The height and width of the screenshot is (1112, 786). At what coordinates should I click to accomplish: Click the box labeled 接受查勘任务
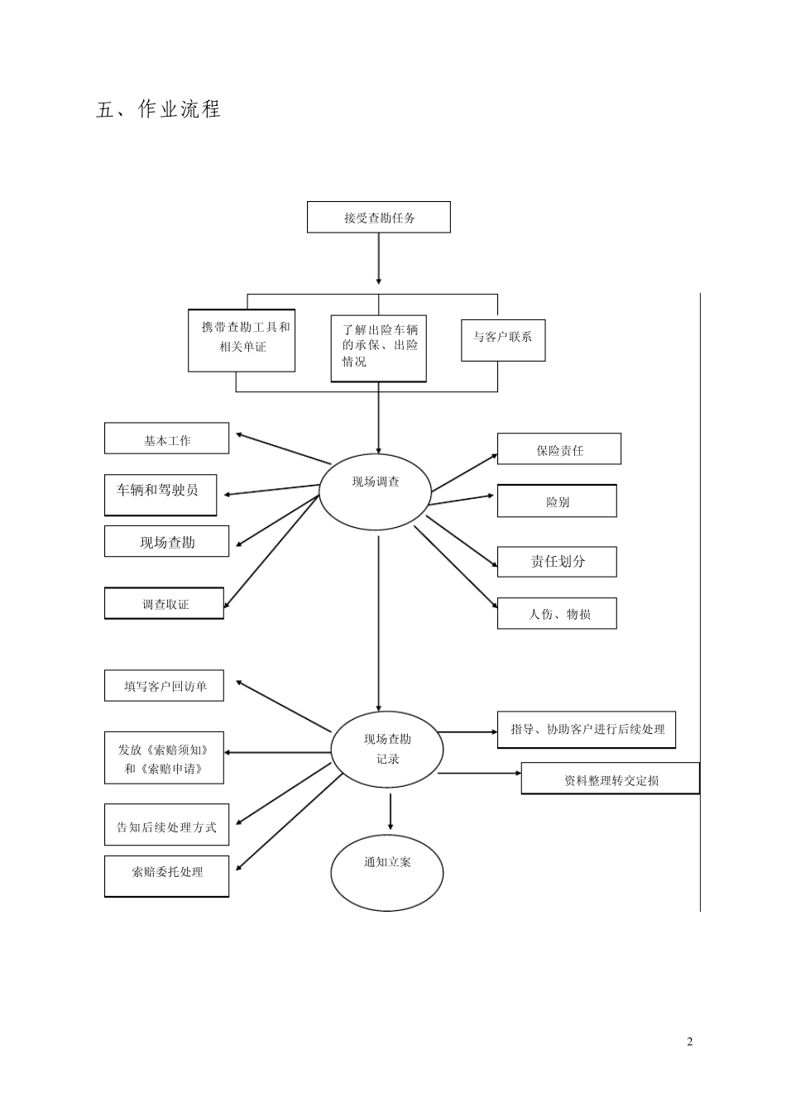[379, 218]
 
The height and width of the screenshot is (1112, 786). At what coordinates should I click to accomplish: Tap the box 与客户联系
[503, 338]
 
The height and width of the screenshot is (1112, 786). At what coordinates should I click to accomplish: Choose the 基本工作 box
[166, 439]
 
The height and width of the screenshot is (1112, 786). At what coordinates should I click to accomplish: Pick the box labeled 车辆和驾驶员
[161, 495]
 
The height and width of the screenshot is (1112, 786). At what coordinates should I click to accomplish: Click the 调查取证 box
[164, 603]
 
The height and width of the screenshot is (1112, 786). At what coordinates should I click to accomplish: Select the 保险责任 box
[558, 449]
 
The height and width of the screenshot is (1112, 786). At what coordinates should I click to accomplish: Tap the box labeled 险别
[557, 501]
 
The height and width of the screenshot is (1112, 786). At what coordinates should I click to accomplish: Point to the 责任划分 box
[557, 562]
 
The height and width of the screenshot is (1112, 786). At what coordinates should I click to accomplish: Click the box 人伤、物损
[557, 613]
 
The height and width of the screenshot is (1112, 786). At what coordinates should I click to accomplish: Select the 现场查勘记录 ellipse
[387, 750]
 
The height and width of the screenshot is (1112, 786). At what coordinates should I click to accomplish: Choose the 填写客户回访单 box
[164, 686]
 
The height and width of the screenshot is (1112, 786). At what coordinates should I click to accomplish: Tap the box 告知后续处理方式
[166, 825]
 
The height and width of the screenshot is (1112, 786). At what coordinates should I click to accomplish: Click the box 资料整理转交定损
[611, 779]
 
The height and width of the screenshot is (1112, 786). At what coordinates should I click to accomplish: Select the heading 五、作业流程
[159, 109]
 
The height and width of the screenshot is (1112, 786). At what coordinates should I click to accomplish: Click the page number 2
[690, 1041]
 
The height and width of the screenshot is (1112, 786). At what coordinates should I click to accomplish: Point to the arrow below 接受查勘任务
[379, 259]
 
